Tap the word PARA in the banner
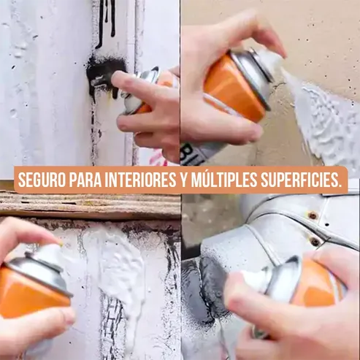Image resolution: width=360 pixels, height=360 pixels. point(91,180)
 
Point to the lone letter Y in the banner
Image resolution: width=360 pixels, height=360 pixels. point(183,180)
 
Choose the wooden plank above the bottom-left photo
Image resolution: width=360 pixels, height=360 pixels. point(88,206)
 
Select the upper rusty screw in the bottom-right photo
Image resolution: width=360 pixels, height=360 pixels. point(312,216)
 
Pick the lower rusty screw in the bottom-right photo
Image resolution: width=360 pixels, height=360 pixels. point(315,241)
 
